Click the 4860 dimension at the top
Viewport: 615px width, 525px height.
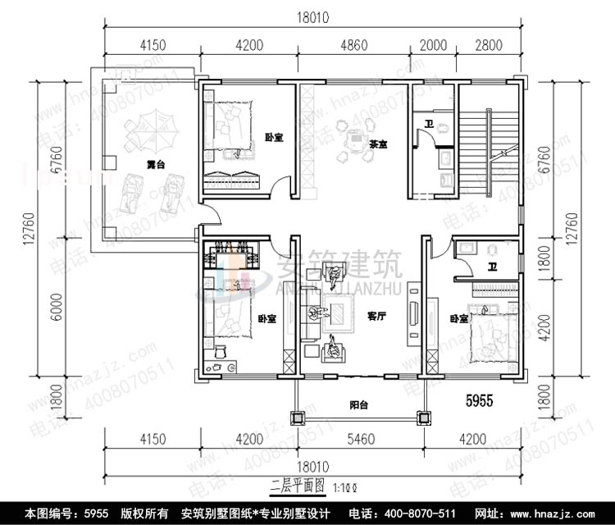pos(355,46)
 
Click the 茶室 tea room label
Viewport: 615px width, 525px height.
pos(377,144)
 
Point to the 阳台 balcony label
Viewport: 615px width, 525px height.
pos(358,404)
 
